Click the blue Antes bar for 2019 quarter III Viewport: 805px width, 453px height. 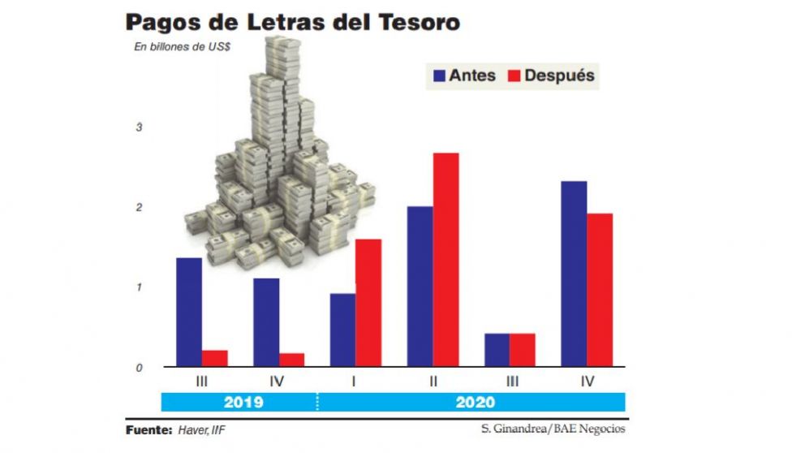tap(189, 312)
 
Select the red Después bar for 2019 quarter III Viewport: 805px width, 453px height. tap(214, 358)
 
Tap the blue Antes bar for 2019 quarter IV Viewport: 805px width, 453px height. tap(266, 322)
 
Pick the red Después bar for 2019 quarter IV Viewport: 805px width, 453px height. tap(291, 360)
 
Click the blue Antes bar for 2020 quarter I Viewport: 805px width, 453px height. tap(342, 330)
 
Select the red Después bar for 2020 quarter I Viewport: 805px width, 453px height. tap(368, 302)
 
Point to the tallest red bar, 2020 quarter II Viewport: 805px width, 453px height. tap(446, 259)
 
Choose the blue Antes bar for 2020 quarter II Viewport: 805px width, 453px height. tap(420, 286)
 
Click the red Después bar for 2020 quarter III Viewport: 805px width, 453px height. tap(522, 350)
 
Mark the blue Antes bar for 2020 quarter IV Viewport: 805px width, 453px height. tap(574, 274)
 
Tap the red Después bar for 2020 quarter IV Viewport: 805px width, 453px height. tap(600, 290)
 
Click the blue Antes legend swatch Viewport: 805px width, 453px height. tap(440, 75)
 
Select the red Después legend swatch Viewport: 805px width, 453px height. tap(514, 75)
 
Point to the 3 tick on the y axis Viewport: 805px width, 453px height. tap(139, 127)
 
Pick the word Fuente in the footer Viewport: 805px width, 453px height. tap(149, 429)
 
